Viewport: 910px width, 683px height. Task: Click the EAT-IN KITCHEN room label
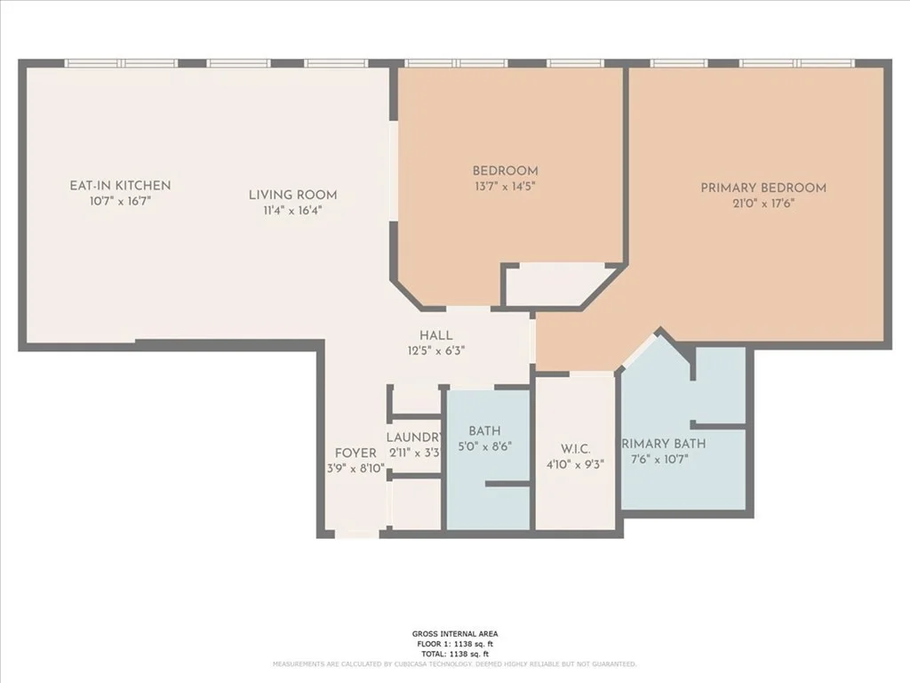coord(120,186)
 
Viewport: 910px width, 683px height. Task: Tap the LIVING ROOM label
coord(292,195)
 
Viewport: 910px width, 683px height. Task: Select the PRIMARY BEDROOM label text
coord(762,188)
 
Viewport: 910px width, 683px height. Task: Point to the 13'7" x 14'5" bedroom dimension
coord(505,187)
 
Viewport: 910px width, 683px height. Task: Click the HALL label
coord(436,335)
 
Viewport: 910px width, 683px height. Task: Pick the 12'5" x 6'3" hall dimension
coord(436,350)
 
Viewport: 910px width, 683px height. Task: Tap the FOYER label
coord(355,453)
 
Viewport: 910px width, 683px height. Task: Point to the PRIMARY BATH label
coord(664,444)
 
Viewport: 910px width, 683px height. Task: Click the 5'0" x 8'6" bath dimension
coord(485,446)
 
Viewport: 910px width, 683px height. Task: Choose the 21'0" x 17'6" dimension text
coord(762,203)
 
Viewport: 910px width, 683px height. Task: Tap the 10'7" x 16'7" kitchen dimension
coord(120,202)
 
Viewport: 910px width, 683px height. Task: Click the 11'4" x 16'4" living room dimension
coord(292,211)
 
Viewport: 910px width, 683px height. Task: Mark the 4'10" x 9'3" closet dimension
coord(576,463)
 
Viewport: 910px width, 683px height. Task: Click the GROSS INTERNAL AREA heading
coord(454,634)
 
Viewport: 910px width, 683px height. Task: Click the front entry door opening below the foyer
coord(356,534)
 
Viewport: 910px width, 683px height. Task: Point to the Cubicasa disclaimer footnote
coord(454,664)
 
